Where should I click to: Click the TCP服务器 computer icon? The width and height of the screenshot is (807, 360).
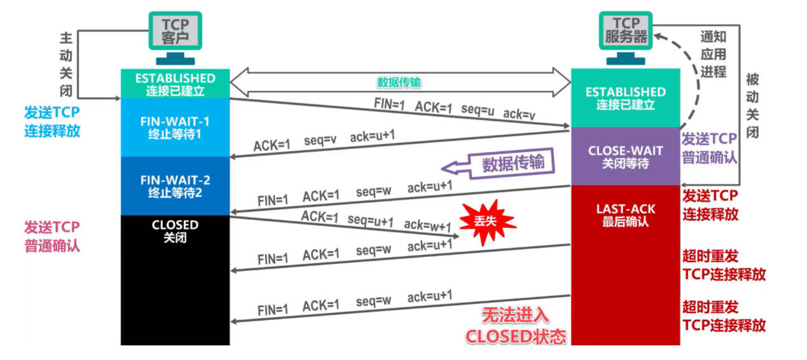626,34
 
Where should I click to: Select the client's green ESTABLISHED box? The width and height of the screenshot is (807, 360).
176,84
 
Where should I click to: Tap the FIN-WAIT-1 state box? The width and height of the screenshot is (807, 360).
176,127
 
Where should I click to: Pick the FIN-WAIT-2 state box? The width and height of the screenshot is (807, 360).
176,186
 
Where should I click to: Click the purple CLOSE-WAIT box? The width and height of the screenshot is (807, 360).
625,156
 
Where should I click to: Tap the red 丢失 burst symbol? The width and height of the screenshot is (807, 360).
488,220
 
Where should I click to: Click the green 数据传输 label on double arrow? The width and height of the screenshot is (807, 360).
399,83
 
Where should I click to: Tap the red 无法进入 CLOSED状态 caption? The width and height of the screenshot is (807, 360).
516,326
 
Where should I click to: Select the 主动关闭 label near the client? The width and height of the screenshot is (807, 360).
66,61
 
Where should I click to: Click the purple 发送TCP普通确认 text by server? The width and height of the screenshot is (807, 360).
709,148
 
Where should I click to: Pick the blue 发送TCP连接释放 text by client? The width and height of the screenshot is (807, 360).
52,122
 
